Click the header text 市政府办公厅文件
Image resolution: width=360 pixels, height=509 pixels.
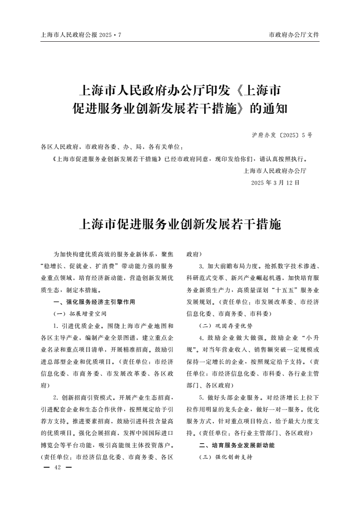(294, 35)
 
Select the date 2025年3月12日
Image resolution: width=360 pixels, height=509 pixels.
(276, 183)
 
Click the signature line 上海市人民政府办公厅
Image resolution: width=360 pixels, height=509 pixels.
(275, 171)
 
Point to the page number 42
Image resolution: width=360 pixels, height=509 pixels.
(57, 468)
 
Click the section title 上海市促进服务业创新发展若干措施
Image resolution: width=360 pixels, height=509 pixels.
(180, 224)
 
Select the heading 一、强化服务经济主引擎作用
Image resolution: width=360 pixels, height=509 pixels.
(94, 302)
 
